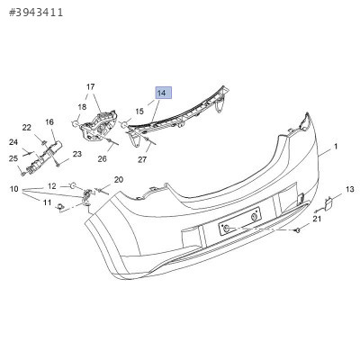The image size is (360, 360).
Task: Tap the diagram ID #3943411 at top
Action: click(x=36, y=13)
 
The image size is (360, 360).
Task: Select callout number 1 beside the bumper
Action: click(x=336, y=147)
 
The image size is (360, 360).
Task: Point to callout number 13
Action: click(x=350, y=189)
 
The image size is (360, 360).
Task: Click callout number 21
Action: click(x=317, y=219)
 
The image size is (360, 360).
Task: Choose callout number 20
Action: click(x=119, y=180)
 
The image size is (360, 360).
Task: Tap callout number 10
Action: click(x=14, y=189)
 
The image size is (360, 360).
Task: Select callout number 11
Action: click(x=47, y=202)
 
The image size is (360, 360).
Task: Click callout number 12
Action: click(x=52, y=186)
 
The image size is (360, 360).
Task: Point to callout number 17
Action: click(x=91, y=87)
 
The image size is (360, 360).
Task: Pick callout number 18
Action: click(x=82, y=107)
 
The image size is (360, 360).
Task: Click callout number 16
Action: click(x=49, y=122)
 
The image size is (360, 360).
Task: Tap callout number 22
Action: click(x=27, y=128)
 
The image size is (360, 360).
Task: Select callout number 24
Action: click(x=13, y=142)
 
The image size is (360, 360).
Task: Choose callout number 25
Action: click(x=13, y=158)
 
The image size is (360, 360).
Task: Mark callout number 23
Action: click(x=77, y=154)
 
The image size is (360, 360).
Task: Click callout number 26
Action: click(x=102, y=158)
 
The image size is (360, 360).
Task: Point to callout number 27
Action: click(x=142, y=159)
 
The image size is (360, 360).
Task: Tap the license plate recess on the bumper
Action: click(x=240, y=221)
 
